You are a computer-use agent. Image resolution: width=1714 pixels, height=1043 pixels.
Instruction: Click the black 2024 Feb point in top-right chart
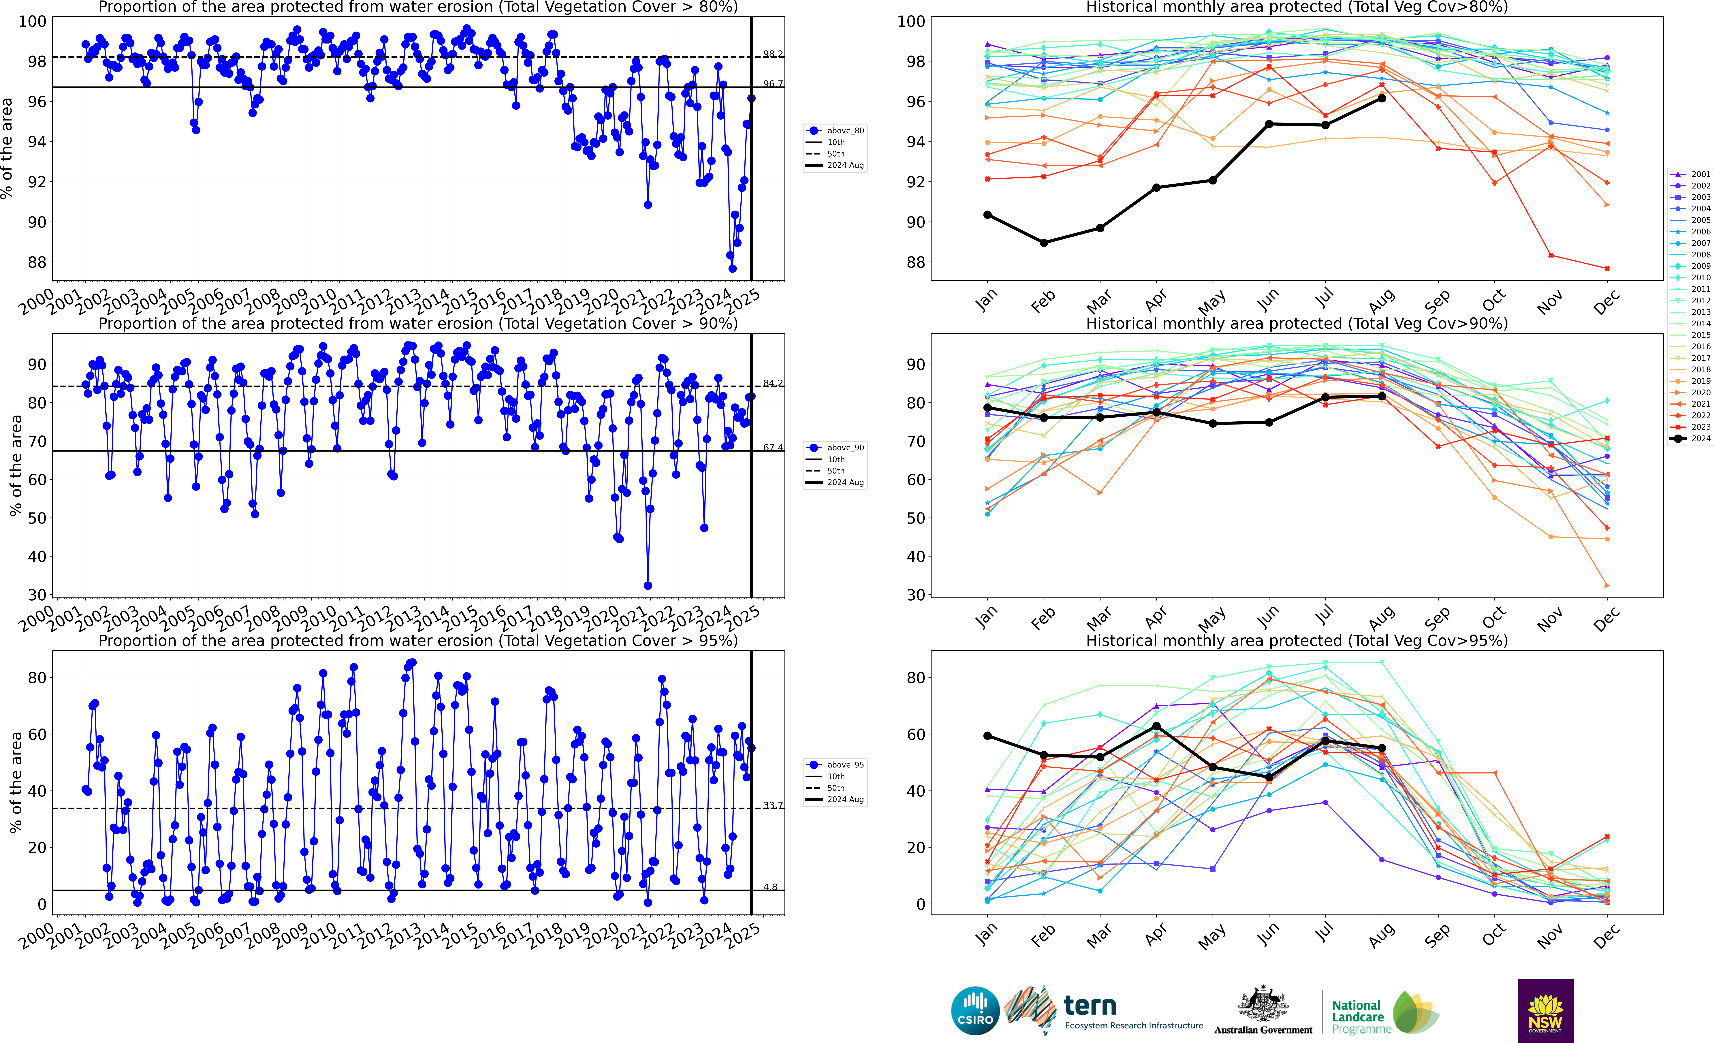tap(1043, 243)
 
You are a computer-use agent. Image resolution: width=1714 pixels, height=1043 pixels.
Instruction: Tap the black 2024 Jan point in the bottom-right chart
tap(987, 736)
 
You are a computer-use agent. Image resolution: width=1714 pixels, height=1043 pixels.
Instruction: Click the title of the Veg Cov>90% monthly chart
tap(1297, 324)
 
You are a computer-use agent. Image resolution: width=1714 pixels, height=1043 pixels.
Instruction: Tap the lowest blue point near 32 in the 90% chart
tap(648, 585)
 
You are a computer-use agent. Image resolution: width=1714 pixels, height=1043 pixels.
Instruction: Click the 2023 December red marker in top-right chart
tap(1607, 268)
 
